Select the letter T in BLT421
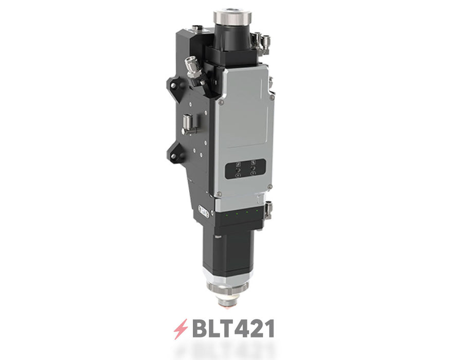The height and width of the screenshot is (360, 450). [x=227, y=328]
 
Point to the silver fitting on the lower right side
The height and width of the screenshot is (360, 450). [x=268, y=209]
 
